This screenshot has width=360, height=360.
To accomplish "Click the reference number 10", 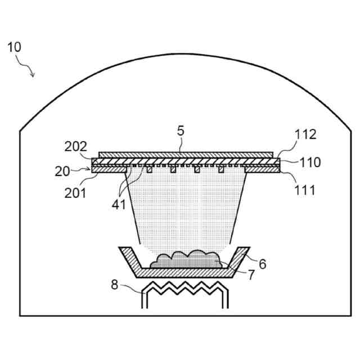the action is [x=15, y=47].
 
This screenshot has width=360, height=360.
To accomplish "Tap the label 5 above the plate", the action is [x=180, y=132].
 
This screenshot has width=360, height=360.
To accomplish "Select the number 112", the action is [x=305, y=135].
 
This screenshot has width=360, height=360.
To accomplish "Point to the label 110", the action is [x=310, y=163].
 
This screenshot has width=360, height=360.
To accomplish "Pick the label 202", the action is [x=76, y=147].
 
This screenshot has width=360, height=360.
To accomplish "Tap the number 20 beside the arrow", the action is [x=63, y=172].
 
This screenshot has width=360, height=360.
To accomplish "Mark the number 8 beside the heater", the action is [x=115, y=285].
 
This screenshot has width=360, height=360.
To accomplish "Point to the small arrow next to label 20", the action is [x=82, y=168].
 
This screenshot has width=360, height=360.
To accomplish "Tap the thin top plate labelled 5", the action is [x=186, y=154].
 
